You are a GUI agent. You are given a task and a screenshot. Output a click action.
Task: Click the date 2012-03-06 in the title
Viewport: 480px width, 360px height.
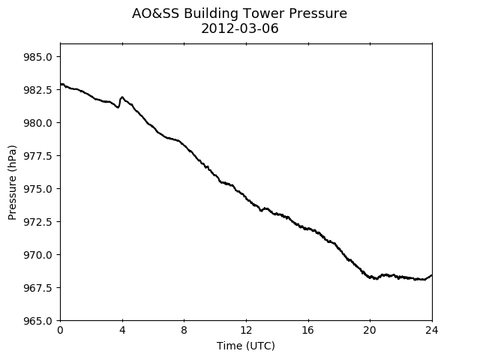pyautogui.click(x=240, y=28)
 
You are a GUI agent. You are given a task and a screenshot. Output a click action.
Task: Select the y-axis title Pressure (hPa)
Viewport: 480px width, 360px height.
pyautogui.click(x=12, y=182)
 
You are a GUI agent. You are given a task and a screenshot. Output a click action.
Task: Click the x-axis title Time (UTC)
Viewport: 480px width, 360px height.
pyautogui.click(x=246, y=346)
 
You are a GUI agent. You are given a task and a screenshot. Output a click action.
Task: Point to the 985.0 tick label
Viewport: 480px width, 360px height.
pyautogui.click(x=38, y=57)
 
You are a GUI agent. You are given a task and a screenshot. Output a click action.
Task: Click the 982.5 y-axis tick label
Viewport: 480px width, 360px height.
pyautogui.click(x=38, y=90)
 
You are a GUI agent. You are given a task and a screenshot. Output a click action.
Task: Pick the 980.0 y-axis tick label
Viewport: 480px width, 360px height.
pyautogui.click(x=38, y=123)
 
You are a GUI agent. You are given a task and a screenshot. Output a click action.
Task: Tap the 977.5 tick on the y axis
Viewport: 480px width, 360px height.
pyautogui.click(x=38, y=156)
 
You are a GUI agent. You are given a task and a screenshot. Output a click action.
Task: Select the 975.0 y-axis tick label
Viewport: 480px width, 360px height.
pyautogui.click(x=38, y=189)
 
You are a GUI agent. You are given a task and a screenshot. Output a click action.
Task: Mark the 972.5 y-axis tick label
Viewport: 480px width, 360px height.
pyautogui.click(x=38, y=222)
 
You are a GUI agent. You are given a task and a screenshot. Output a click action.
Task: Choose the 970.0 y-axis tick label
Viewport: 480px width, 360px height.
pyautogui.click(x=38, y=255)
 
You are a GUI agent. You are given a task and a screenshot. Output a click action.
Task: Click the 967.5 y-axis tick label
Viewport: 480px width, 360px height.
pyautogui.click(x=38, y=288)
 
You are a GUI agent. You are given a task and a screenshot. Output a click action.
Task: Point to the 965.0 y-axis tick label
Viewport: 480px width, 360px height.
pyautogui.click(x=38, y=321)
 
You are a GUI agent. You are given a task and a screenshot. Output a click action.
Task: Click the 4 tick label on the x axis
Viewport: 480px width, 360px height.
pyautogui.click(x=122, y=330)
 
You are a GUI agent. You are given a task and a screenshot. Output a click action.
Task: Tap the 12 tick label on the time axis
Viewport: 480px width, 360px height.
pyautogui.click(x=246, y=330)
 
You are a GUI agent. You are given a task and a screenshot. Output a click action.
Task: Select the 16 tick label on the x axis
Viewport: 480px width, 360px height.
pyautogui.click(x=308, y=330)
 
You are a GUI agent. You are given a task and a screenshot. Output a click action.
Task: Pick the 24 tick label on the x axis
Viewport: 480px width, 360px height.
pyautogui.click(x=432, y=330)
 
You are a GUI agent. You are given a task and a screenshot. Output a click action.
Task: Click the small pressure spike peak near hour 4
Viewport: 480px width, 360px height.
pyautogui.click(x=122, y=97)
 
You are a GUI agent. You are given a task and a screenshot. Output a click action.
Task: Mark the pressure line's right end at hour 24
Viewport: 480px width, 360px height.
pyautogui.click(x=432, y=275)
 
